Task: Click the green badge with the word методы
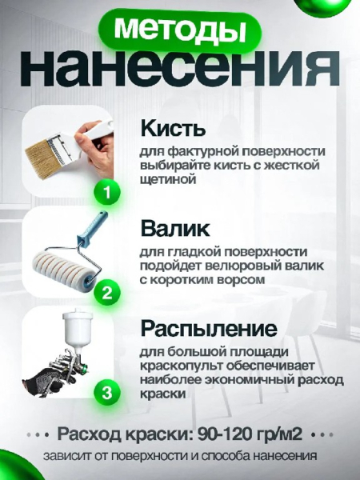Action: [x=180, y=30]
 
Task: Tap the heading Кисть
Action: [x=173, y=128]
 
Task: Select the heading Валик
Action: [x=175, y=229]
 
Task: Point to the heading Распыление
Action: [x=209, y=329]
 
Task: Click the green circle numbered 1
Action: [x=107, y=193]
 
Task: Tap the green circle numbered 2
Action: [x=107, y=293]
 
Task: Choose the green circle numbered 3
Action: [x=107, y=393]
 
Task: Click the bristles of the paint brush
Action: [x=42, y=157]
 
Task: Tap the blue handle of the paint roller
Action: [x=93, y=227]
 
